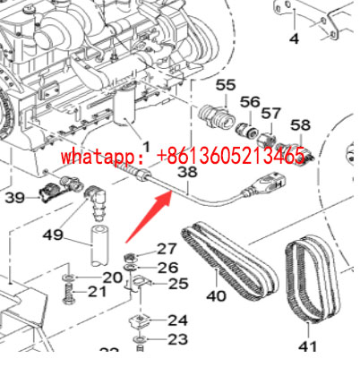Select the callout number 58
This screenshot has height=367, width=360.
(301, 124)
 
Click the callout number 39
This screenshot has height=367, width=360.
(15, 198)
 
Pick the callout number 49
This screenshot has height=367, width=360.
(54, 235)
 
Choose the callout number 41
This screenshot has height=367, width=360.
(307, 345)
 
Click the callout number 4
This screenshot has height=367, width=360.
(293, 38)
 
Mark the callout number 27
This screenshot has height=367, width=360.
(167, 249)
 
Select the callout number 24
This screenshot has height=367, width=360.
(177, 320)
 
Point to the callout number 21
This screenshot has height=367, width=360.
(98, 293)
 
